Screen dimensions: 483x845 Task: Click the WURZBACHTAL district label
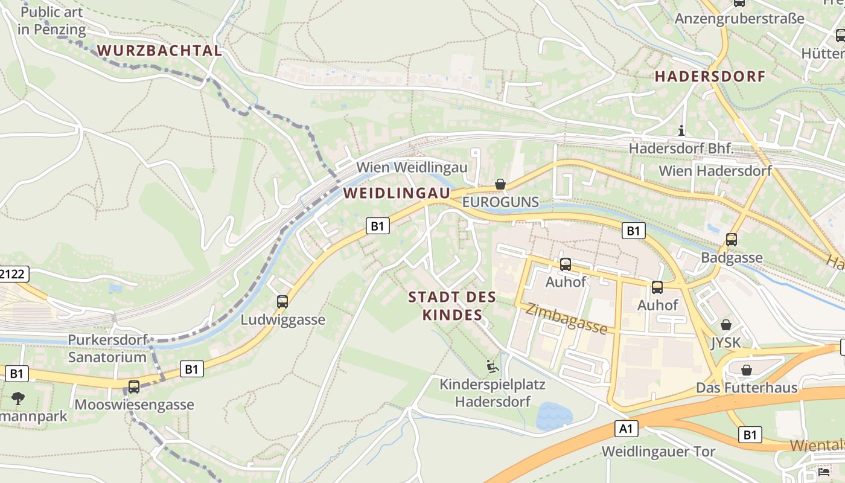pyautogui.click(x=159, y=51)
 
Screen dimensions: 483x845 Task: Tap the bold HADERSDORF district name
pyautogui.click(x=710, y=77)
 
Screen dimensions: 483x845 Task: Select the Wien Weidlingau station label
pyautogui.click(x=412, y=167)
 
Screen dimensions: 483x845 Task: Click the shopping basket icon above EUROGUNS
pyautogui.click(x=500, y=184)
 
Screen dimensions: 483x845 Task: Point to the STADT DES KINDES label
pyautogui.click(x=452, y=305)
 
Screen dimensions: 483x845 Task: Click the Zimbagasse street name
pyautogui.click(x=566, y=318)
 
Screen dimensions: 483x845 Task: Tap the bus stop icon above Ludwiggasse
pyautogui.click(x=282, y=302)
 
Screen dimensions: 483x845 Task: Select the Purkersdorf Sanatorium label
pyautogui.click(x=107, y=348)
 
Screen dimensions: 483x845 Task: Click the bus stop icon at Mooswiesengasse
pyautogui.click(x=134, y=387)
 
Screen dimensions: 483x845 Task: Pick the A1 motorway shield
pyautogui.click(x=628, y=429)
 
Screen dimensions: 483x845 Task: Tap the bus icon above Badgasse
pyautogui.click(x=732, y=240)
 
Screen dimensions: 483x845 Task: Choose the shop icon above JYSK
pyautogui.click(x=726, y=325)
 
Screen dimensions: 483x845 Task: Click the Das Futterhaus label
pyautogui.click(x=747, y=388)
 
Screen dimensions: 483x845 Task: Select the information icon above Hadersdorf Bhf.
pyautogui.click(x=681, y=130)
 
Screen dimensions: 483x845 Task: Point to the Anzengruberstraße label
pyautogui.click(x=739, y=19)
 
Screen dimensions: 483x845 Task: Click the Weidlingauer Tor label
pyautogui.click(x=658, y=452)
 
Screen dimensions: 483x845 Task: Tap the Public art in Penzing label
pyautogui.click(x=52, y=20)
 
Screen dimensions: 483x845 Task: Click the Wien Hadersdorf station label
pyautogui.click(x=715, y=171)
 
